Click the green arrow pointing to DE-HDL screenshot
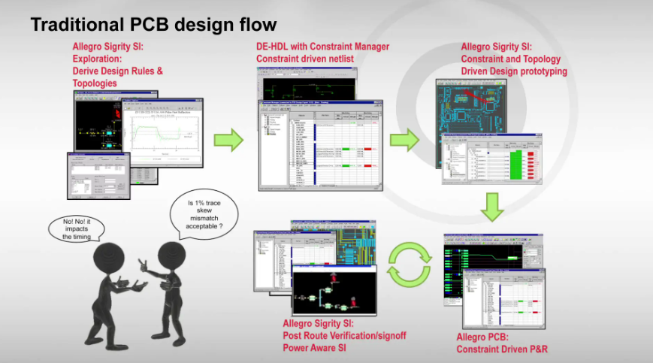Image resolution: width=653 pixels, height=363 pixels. tap(228, 140)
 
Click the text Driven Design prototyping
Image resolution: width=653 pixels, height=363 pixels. tap(514, 71)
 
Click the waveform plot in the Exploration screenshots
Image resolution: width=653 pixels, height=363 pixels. tap(166, 135)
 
